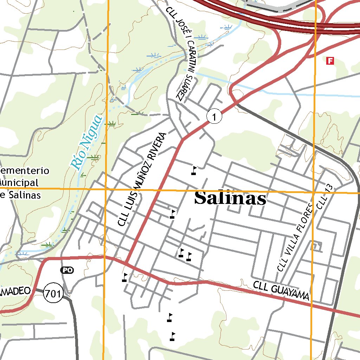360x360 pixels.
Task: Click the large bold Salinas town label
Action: (x=230, y=199)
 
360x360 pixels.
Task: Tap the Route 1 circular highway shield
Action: (x=214, y=116)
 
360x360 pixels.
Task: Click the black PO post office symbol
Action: (x=67, y=270)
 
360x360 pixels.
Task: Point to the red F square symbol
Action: (x=330, y=61)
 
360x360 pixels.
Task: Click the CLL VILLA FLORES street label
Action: (x=295, y=237)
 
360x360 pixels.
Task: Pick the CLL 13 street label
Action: (x=324, y=197)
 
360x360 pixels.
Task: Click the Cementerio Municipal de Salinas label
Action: (x=21, y=183)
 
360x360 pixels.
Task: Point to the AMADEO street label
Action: (x=16, y=291)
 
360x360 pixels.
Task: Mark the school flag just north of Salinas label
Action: (x=194, y=171)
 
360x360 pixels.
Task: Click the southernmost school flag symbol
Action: (x=172, y=336)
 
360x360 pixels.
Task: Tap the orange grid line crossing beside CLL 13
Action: (x=313, y=193)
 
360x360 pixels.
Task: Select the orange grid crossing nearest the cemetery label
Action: (x=106, y=189)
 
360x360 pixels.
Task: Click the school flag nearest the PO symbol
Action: (x=124, y=277)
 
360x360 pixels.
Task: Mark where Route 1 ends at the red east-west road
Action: (x=126, y=262)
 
